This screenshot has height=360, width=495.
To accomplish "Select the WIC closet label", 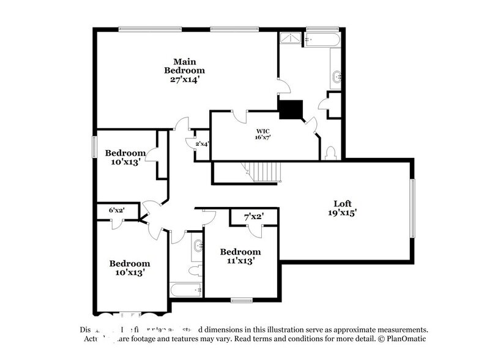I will coord(263,131).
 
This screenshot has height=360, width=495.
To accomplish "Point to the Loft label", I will coord(344,204).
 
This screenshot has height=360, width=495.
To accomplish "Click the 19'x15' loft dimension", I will coord(343,213).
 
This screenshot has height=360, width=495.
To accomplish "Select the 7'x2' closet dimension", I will coord(253,217).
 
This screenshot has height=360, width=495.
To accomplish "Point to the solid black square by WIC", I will coord(290,110).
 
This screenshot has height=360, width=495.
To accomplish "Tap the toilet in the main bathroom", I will coord(331,152).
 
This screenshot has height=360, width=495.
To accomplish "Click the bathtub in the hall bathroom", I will coord(186,290).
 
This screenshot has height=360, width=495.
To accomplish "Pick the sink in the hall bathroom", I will coord(197,246).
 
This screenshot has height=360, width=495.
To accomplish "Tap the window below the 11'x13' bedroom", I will coord(242,300).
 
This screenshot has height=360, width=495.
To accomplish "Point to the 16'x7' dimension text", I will coord(263,138).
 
